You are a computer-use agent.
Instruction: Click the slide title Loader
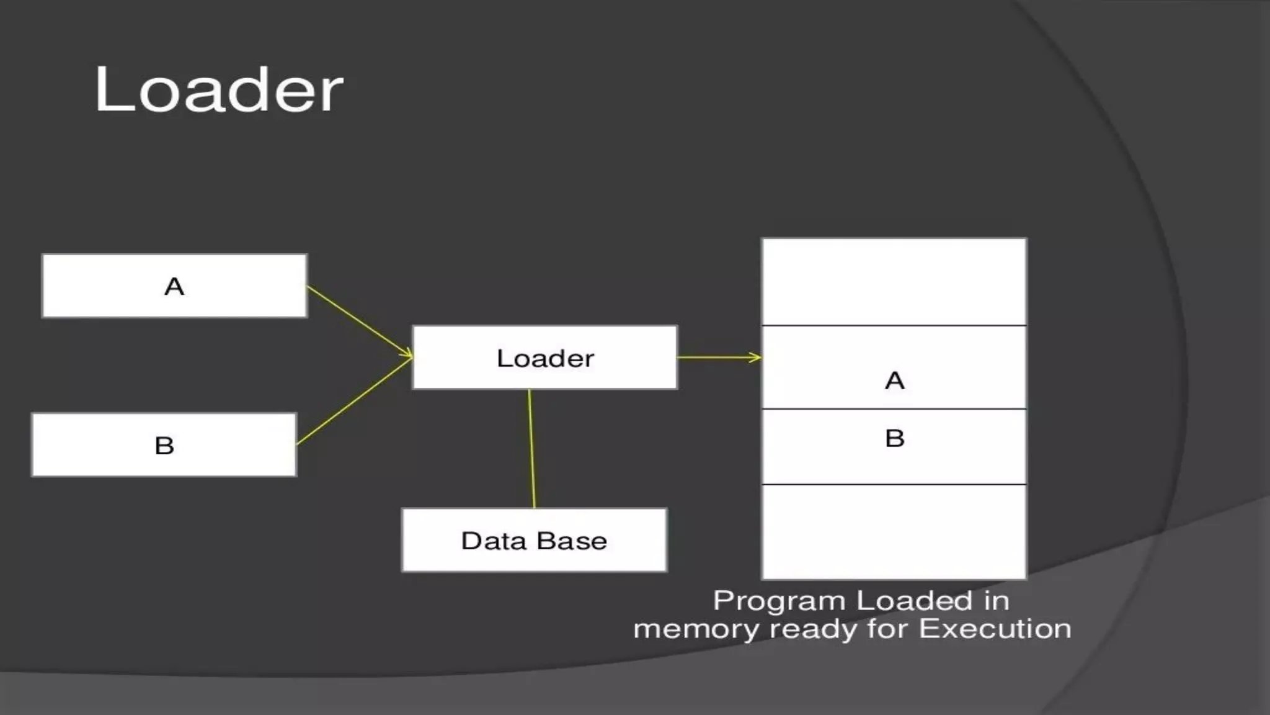point(218,90)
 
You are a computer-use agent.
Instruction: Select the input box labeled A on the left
point(174,286)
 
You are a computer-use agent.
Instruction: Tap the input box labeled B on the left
point(164,445)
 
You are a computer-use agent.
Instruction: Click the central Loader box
point(545,358)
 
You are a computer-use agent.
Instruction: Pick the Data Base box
point(534,541)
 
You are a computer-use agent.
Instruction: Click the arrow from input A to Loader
point(360,321)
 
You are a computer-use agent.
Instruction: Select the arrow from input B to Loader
point(353,402)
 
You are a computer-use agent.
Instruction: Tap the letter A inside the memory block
point(894,380)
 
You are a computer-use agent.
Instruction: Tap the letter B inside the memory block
point(894,438)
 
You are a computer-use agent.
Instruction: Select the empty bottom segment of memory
point(894,531)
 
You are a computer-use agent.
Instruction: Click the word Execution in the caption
point(995,629)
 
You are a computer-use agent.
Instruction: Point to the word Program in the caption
point(779,601)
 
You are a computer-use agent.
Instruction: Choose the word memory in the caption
point(696,629)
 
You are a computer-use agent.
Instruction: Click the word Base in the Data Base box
point(572,541)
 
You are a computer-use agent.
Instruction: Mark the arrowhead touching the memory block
point(755,357)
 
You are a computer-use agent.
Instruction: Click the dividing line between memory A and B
point(894,409)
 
